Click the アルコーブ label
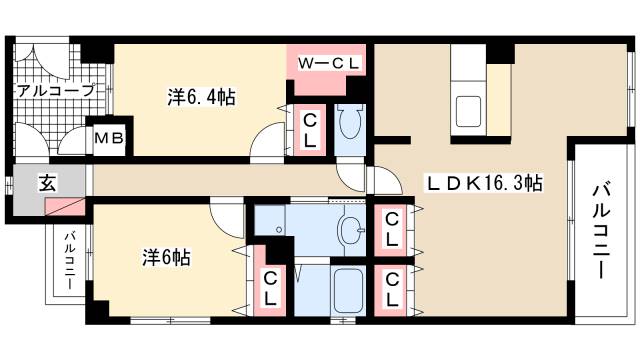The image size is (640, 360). coord(56,91)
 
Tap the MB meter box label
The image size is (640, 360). coord(110,139)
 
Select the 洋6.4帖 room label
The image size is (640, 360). coord(201,97)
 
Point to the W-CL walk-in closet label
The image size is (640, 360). coord(331,64)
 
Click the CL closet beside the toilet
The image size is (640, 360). coord(311,129)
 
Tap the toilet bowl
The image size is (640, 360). coord(350,125)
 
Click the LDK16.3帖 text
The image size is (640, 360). coord(484,184)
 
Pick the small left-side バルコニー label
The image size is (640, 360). coord(70,260)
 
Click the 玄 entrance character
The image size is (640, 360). coord(47,182)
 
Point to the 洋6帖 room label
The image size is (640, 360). coord(166,257)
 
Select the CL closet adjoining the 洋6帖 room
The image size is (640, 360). coord(271,290)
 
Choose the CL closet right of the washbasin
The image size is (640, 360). coord(392,230)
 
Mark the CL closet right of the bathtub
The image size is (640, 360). coord(392,290)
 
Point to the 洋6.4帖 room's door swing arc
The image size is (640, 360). coord(267,140)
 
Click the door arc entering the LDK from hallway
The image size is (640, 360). coord(352,176)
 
